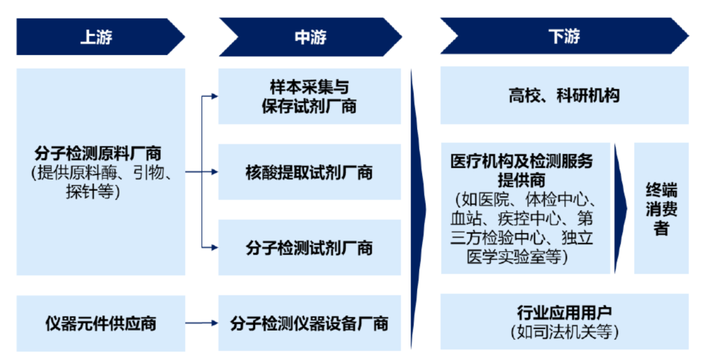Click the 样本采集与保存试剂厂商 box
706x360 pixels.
tap(309, 96)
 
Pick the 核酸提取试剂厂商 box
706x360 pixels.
tap(309, 172)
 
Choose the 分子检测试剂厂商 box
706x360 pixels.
tap(309, 248)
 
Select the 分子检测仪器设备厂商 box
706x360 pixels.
tap(309, 323)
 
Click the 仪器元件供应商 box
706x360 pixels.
tap(101, 323)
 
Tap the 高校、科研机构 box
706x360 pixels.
tap(563, 95)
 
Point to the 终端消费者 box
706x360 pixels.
tap(661, 208)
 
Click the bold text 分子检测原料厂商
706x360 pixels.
tap(97, 154)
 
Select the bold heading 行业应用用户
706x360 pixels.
tap(563, 313)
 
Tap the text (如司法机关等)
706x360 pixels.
tap(563, 332)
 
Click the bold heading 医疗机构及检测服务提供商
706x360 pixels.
tap(521, 170)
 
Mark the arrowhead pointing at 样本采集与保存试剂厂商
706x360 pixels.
tap(214, 97)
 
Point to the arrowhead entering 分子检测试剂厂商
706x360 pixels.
tap(214, 248)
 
